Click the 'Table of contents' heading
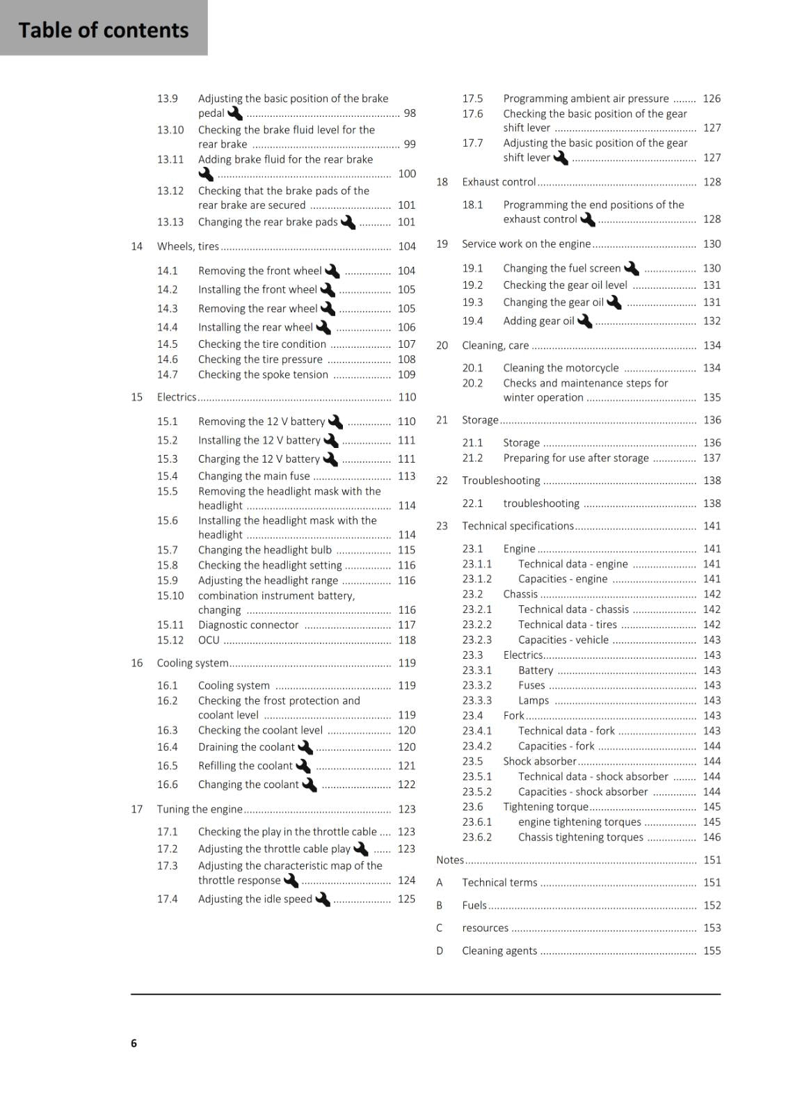[104, 30]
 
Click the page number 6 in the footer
[134, 1043]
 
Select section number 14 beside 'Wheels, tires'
[136, 246]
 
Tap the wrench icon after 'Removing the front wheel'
[332, 271]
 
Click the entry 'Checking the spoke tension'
[263, 374]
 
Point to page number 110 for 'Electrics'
[407, 397]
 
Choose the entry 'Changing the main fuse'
[254, 476]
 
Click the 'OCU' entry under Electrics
[209, 640]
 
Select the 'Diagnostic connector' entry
[248, 625]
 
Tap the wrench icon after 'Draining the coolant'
[305, 747]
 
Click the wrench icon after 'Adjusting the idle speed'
[322, 899]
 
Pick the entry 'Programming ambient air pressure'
[586, 99]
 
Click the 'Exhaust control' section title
[499, 182]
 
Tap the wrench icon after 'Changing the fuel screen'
[632, 268]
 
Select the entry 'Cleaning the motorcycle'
[561, 368]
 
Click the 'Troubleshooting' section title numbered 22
[501, 481]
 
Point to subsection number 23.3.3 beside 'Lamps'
[477, 700]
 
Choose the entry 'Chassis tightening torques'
[580, 837]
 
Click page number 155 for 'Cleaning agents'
[712, 951]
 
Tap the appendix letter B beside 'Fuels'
[440, 905]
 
